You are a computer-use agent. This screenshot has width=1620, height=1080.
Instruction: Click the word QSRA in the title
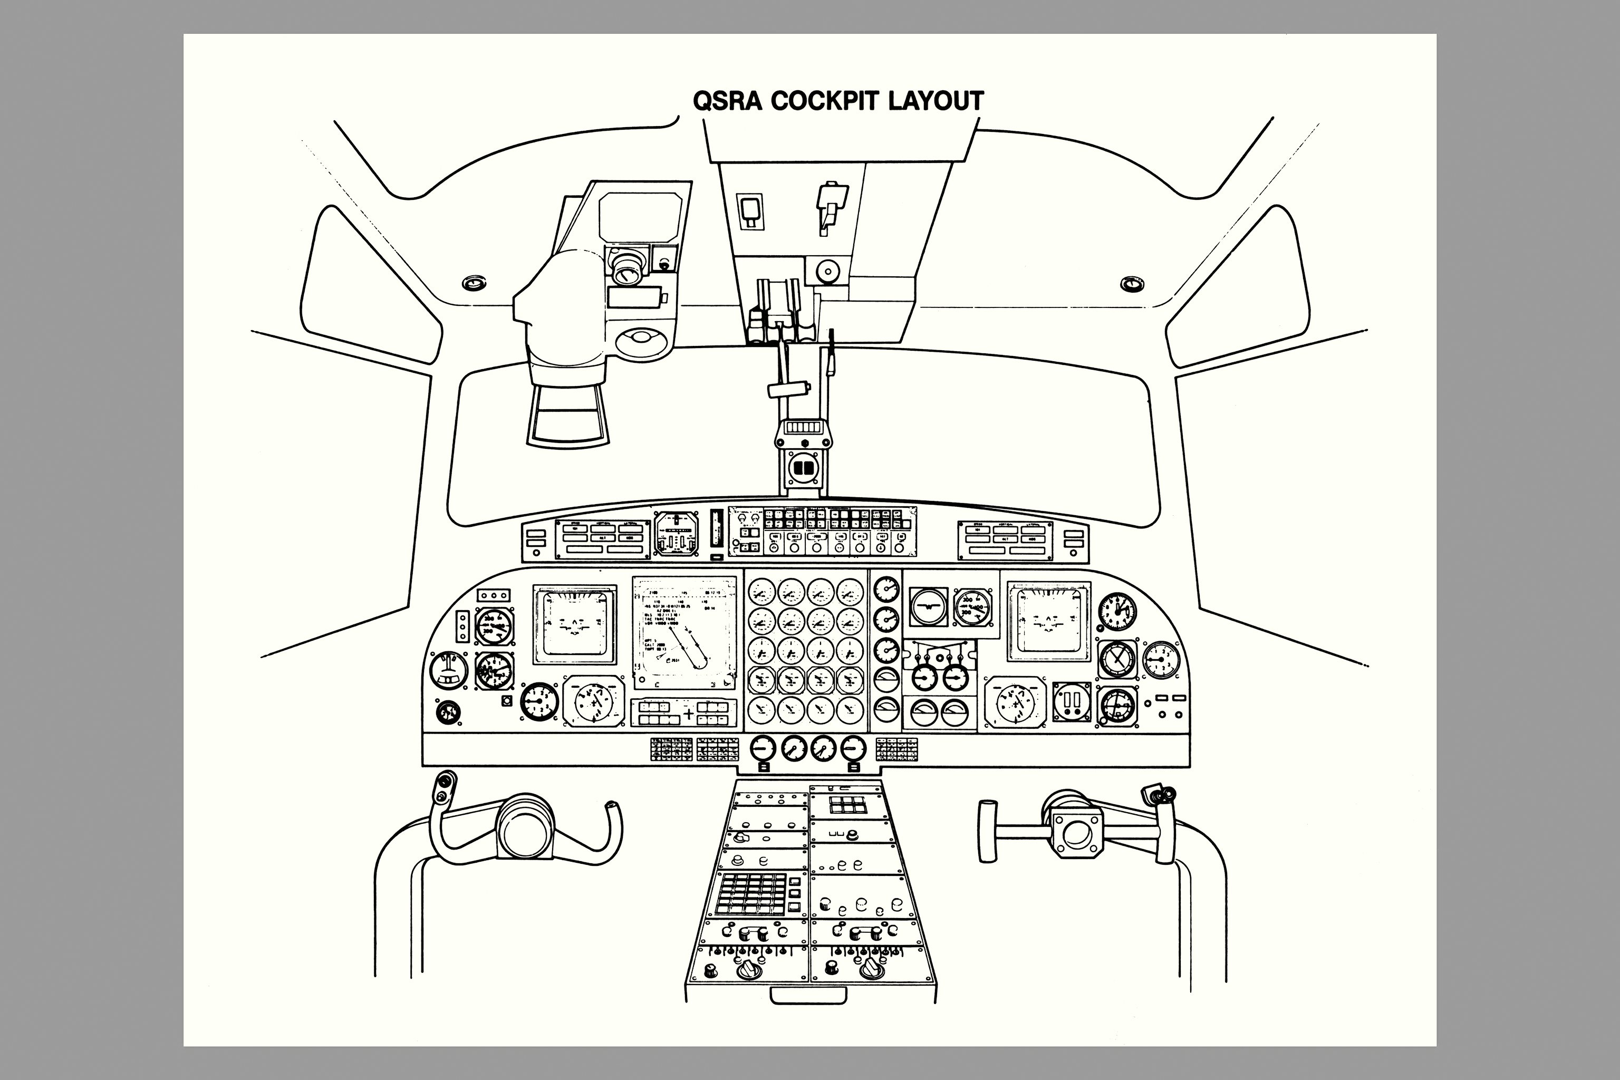[727, 101]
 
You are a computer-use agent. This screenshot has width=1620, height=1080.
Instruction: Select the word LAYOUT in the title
[936, 101]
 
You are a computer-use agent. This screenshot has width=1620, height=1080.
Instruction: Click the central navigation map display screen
[684, 633]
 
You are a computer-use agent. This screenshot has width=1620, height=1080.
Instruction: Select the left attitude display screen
[574, 623]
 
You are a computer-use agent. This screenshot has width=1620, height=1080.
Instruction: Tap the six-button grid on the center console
[846, 805]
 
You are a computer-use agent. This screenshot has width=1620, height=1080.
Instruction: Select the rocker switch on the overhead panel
[750, 211]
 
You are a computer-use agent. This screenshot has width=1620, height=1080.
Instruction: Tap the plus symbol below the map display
[688, 713]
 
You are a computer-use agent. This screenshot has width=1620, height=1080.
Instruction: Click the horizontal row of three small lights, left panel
[494, 595]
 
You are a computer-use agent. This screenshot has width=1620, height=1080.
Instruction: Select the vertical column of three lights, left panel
[463, 626]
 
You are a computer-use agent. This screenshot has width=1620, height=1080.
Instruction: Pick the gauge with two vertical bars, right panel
[1072, 702]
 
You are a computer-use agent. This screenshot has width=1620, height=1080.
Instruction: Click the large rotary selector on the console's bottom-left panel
[746, 970]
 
